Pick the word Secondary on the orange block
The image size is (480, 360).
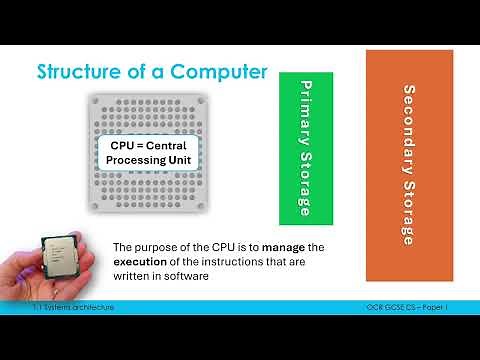[409, 125]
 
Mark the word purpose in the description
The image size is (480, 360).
[172, 247]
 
